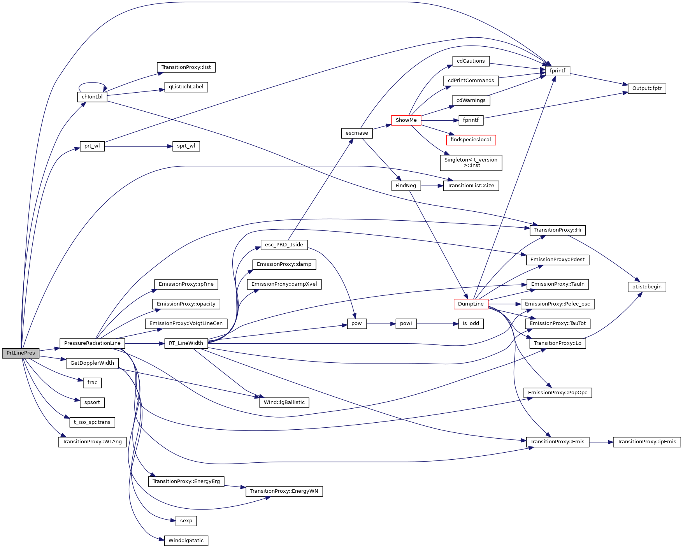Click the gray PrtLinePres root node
click(21, 353)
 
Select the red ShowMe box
click(406, 120)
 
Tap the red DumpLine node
click(471, 304)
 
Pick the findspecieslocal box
click(471, 140)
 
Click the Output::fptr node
click(647, 88)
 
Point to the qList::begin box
click(647, 287)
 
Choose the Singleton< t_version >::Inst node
click(471, 163)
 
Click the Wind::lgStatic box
click(186, 541)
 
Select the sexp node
click(186, 521)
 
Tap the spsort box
click(92, 402)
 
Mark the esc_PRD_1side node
click(284, 245)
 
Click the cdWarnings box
click(471, 100)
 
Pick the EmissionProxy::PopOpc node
click(558, 393)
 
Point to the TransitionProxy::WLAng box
click(92, 442)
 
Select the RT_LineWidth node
click(186, 343)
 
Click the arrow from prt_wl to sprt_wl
click(138, 146)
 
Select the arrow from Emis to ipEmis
click(601, 442)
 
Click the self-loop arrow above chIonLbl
click(92, 83)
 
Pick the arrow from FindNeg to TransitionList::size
click(432, 186)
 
